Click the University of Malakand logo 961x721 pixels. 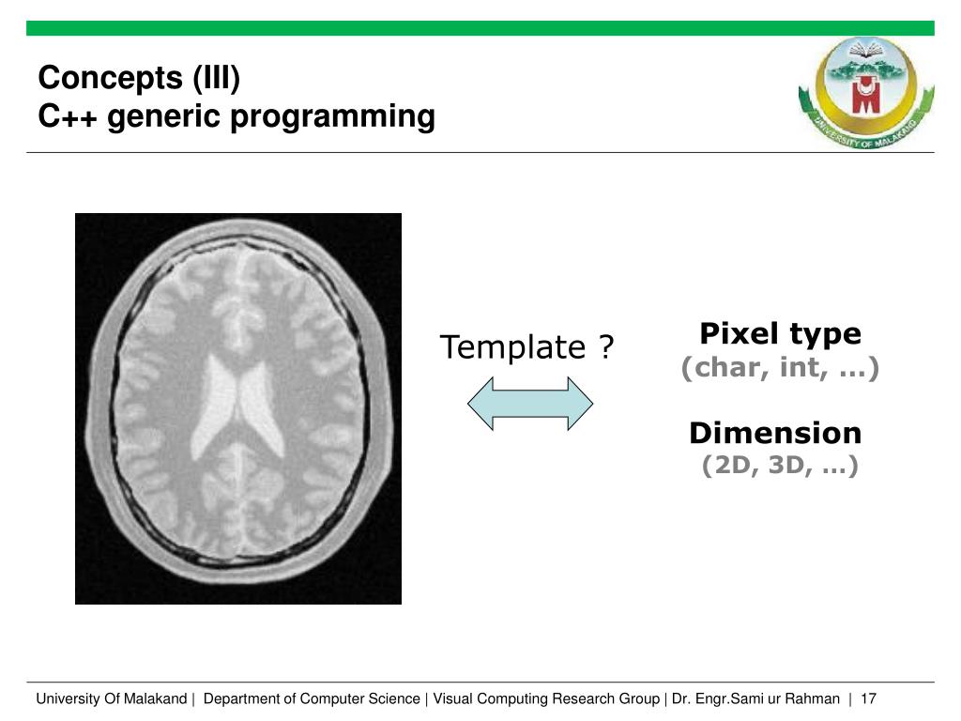coord(865,90)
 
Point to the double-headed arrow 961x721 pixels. coord(530,404)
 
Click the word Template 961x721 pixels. coord(512,347)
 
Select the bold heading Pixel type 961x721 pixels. coord(780,333)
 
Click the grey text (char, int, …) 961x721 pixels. coord(780,367)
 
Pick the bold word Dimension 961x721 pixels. coord(775,433)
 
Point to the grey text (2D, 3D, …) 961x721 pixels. coord(780,465)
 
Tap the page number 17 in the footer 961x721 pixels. coord(868,698)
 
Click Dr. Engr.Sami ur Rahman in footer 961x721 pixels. coord(755,698)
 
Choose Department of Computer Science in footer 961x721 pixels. coord(312,698)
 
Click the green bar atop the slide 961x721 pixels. coord(480,28)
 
